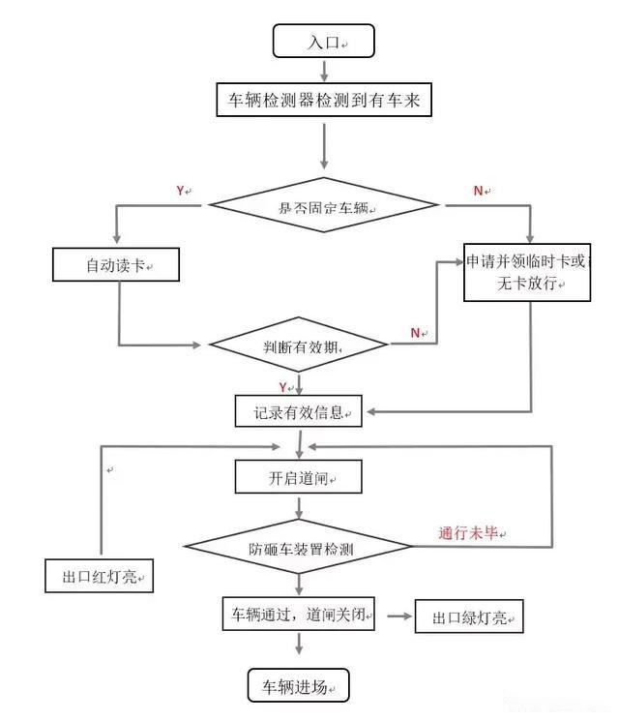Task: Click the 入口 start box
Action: coord(323,42)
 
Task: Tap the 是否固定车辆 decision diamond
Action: coord(324,205)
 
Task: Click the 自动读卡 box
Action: coord(116,265)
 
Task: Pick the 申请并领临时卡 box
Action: coord(526,272)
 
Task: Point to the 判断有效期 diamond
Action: coord(299,345)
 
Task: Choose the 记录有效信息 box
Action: coord(299,411)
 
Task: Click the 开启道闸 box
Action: coord(299,476)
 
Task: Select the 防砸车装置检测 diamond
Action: coord(299,548)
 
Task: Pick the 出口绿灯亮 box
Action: coord(469,616)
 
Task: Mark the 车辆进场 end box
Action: coord(298,685)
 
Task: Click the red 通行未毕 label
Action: coord(471,533)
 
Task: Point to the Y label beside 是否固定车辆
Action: coord(181,192)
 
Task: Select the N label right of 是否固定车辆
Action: coord(479,192)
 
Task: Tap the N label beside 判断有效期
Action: coord(416,333)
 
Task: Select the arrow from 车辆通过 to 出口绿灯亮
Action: coord(396,616)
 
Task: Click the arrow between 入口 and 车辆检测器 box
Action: coord(323,69)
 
